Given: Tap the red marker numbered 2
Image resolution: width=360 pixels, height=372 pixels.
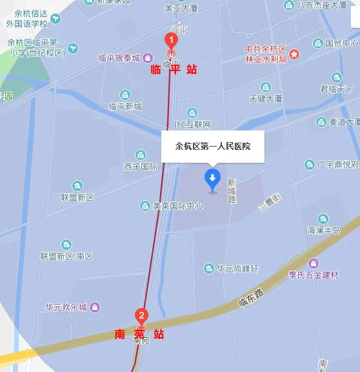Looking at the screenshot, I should coord(141,316).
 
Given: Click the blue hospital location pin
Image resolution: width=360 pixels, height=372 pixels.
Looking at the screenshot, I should coord(212,179).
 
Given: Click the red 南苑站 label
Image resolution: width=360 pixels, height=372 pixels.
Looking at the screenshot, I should coord(139,334).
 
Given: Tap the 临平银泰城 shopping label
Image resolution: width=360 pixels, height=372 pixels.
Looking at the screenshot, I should coord(119,58).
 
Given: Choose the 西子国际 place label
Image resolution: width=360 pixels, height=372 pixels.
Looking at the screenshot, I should coord(141,166).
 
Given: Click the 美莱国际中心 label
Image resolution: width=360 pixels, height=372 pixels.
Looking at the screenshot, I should coord(177,206).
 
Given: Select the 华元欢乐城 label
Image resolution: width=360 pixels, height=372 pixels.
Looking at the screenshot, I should coord(66,307).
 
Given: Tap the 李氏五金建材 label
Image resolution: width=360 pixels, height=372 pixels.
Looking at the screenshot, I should coord(313,275).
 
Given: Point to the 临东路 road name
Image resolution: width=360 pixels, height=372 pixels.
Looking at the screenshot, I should coord(251,298).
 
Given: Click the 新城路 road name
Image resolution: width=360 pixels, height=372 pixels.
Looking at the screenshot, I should coord(232,191).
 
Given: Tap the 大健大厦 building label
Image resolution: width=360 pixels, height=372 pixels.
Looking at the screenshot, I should coord(266,99).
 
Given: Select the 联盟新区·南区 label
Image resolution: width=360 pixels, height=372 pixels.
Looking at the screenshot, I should coord(66,256).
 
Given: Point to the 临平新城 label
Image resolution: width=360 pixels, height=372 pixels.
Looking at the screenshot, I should coord(125,107).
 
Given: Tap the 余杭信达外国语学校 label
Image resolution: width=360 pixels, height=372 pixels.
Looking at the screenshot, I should coord(27,19).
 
